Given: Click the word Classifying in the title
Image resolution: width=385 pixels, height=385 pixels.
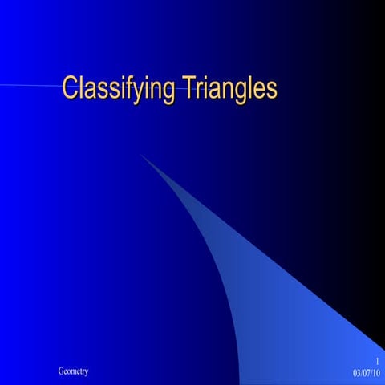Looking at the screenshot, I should (x=115, y=87).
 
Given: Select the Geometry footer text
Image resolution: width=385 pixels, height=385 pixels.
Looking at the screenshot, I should (x=73, y=371).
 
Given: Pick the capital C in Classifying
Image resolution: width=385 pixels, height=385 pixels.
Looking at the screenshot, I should (x=71, y=87).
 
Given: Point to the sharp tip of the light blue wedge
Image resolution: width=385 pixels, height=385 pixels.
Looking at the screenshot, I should (x=141, y=155).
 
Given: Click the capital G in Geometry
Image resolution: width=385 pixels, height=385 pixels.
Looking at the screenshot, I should (x=61, y=371).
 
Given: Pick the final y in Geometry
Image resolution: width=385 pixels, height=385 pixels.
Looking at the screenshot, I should (x=86, y=372).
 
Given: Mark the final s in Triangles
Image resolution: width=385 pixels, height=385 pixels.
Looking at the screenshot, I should (x=271, y=88).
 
